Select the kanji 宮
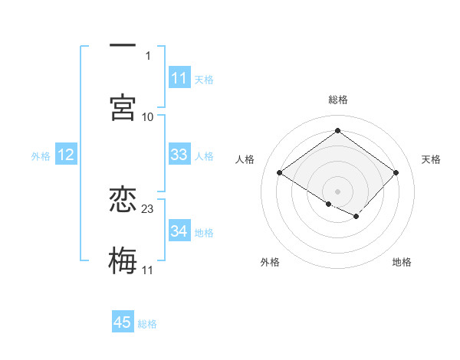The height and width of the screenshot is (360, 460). (x=123, y=107)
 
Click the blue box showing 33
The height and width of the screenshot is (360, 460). (x=179, y=155)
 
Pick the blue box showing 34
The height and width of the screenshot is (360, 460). (x=179, y=231)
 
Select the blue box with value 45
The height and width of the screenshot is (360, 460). (x=123, y=322)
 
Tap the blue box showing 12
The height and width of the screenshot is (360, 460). (x=66, y=155)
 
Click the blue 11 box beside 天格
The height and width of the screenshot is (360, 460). (x=179, y=78)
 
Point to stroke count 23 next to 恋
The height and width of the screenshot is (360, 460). (x=148, y=208)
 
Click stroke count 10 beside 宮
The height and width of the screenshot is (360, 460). (x=148, y=116)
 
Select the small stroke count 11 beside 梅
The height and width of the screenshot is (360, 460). (x=148, y=270)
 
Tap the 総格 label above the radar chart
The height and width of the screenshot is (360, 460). (x=338, y=100)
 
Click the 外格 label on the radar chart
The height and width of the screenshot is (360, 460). (x=270, y=263)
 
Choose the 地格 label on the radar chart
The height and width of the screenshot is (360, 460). (x=402, y=263)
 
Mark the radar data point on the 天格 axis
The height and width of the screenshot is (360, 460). (x=396, y=172)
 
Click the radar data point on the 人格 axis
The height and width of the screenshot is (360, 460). (x=280, y=172)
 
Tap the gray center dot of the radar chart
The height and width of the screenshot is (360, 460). (x=338, y=190)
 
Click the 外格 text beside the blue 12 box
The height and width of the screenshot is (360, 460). (x=41, y=155)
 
